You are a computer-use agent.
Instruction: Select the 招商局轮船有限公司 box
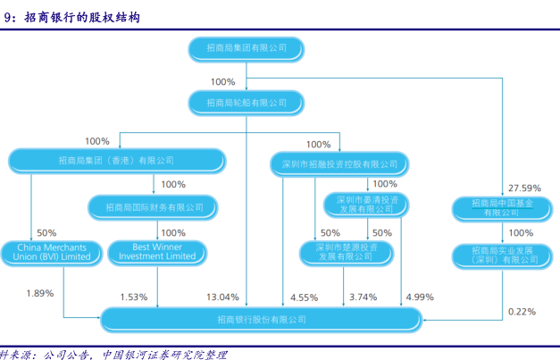coord(246,103)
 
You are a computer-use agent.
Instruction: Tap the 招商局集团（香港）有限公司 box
coord(115,161)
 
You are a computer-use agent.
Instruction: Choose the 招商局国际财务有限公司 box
coord(155,207)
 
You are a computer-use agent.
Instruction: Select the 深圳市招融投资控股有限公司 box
coord(339,163)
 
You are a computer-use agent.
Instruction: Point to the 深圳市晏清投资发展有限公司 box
coord(366,205)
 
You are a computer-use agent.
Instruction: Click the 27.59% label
coord(525,188)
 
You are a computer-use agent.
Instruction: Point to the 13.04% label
coord(223,297)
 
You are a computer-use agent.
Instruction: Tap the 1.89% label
coord(40,293)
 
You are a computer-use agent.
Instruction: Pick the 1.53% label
coord(134,297)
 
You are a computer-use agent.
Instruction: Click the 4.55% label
coord(304,297)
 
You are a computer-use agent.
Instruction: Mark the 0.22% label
coord(522,311)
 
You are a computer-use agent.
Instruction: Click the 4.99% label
coord(419,297)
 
